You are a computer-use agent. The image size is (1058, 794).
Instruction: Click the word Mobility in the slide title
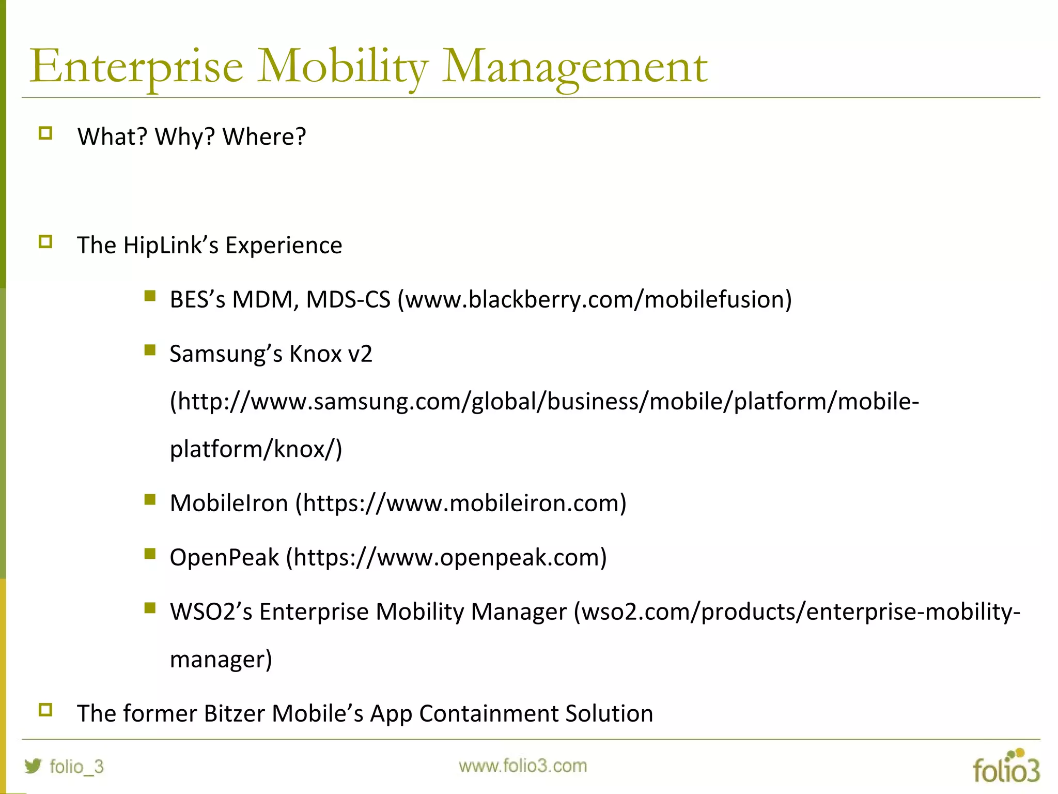click(343, 67)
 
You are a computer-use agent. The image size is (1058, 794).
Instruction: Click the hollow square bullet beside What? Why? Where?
click(45, 133)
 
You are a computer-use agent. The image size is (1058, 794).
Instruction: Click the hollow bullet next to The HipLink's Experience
click(45, 242)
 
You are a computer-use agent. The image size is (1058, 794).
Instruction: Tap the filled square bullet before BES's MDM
click(150, 296)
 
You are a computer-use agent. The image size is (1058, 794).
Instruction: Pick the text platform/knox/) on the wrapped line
click(256, 449)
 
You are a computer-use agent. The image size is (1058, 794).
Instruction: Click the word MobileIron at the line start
click(228, 503)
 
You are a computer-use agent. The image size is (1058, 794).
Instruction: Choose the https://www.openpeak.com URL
click(447, 558)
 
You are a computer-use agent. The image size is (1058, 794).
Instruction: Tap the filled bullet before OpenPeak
click(150, 554)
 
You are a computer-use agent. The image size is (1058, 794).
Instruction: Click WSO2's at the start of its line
click(211, 612)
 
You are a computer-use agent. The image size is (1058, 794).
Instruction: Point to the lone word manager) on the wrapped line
click(221, 660)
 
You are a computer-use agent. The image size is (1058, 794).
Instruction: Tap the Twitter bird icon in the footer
click(33, 766)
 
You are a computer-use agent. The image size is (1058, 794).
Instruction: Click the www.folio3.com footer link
click(522, 766)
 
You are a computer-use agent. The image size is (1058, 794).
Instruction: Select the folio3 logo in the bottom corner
click(1006, 767)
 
